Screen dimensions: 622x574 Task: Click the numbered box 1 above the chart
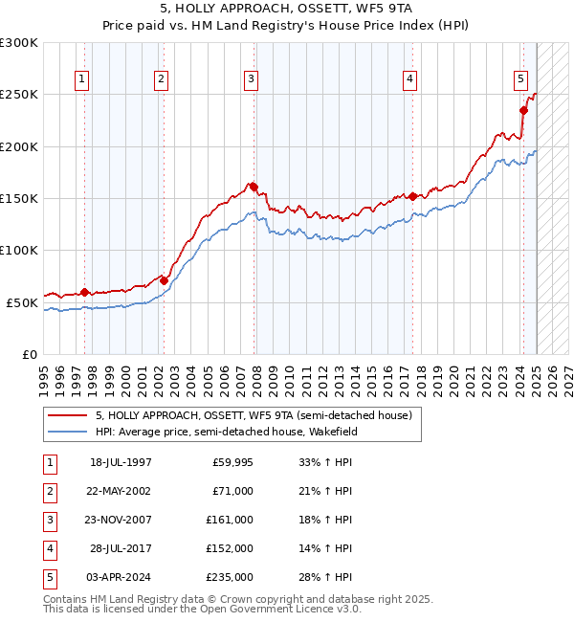81,79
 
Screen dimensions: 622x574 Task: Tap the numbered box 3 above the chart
250,79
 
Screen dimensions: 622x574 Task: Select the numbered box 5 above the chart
520,79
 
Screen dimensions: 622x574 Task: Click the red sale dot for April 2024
524,110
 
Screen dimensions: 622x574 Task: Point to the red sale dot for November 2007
254,187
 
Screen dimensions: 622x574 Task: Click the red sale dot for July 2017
412,196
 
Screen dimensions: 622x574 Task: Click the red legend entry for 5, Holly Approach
253,415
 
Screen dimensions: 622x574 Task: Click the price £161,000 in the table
230,520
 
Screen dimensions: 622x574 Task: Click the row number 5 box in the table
49,577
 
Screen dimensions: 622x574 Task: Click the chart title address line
287,9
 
